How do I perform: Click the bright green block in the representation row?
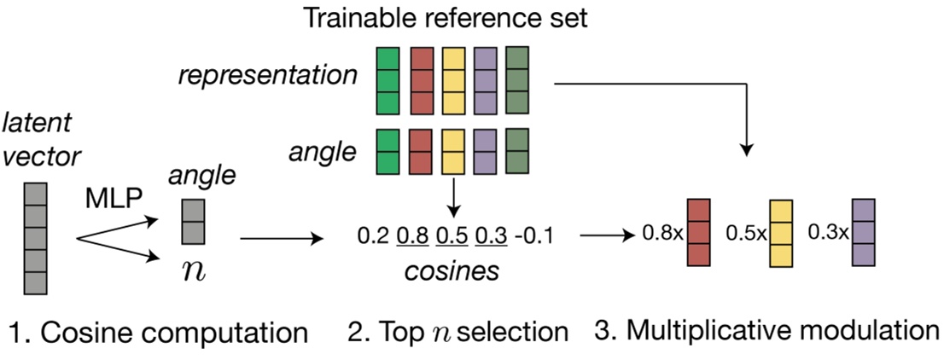388,80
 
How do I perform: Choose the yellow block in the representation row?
453,80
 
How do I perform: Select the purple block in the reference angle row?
486,152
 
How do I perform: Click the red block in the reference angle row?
421,152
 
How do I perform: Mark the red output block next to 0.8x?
698,232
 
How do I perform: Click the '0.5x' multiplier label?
744,234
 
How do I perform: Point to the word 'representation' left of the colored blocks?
268,75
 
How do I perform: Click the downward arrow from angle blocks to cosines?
453,199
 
